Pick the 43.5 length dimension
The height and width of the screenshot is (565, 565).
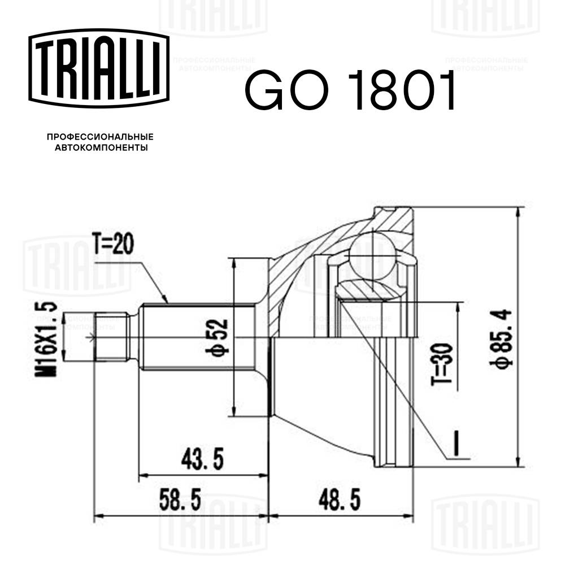pos(201,459)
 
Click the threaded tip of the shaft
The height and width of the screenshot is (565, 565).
pos(110,337)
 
